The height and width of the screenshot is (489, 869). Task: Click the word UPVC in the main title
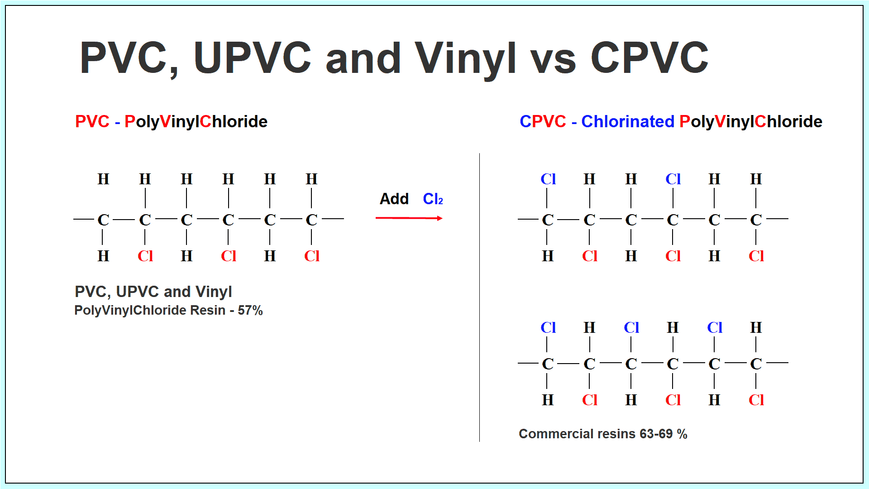pyautogui.click(x=253, y=58)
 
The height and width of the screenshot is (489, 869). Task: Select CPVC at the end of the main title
pyautogui.click(x=649, y=58)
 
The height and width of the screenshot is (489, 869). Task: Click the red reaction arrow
pyautogui.click(x=409, y=218)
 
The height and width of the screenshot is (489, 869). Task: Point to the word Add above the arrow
pyautogui.click(x=394, y=199)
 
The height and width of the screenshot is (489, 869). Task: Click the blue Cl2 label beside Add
pyautogui.click(x=433, y=199)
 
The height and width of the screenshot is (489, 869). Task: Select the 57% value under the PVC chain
pyautogui.click(x=250, y=310)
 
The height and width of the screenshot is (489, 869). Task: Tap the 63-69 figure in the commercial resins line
pyautogui.click(x=656, y=434)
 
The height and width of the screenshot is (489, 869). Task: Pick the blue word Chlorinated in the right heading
pyautogui.click(x=628, y=121)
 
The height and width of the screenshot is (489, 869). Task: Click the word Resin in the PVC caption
pyautogui.click(x=207, y=310)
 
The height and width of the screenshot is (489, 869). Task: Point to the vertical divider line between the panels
pyautogui.click(x=479, y=297)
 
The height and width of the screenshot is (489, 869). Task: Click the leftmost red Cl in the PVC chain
pyautogui.click(x=145, y=256)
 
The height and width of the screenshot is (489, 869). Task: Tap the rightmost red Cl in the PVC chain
pyautogui.click(x=312, y=256)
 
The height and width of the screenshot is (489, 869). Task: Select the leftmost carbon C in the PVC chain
pyautogui.click(x=103, y=220)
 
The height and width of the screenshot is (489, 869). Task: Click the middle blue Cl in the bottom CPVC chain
pyautogui.click(x=631, y=327)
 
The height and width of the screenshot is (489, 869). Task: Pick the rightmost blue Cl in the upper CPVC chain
pyautogui.click(x=673, y=179)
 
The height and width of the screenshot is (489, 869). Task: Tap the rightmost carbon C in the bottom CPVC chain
pyautogui.click(x=756, y=364)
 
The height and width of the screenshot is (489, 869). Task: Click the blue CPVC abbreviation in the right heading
pyautogui.click(x=543, y=121)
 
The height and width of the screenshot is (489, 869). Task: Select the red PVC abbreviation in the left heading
pyautogui.click(x=92, y=121)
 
